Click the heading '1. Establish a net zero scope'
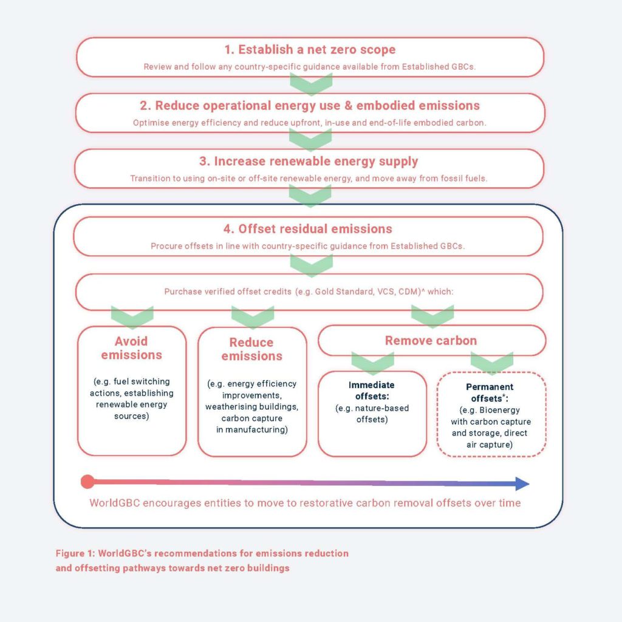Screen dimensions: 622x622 (310, 50)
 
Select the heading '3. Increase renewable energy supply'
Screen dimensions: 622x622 (309, 162)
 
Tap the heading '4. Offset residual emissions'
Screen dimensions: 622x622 (307, 229)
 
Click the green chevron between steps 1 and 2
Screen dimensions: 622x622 (311, 84)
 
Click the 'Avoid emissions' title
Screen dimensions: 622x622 (131, 348)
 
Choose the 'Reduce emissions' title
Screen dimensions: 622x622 (251, 349)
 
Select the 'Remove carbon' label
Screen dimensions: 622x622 (431, 341)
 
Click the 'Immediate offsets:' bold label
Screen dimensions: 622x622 (372, 391)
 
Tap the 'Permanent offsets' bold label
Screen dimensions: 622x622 (490, 392)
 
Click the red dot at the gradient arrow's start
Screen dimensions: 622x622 (87, 482)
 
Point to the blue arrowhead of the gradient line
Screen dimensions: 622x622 (522, 484)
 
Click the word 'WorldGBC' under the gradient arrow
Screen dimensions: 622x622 (115, 503)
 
